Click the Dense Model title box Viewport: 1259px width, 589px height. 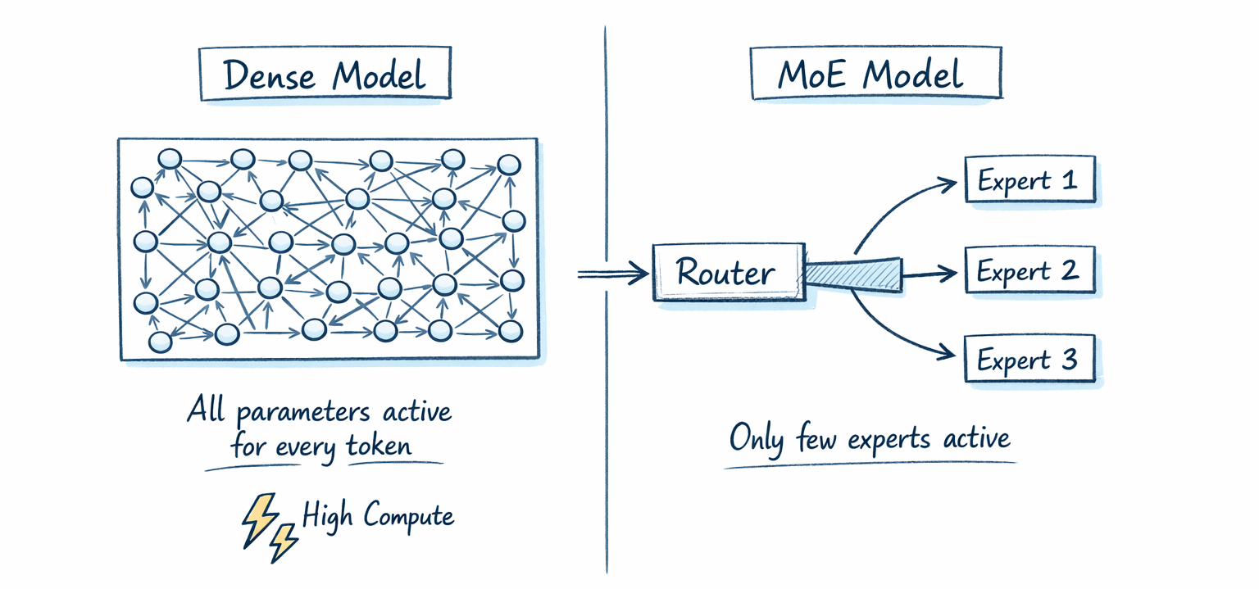[x=325, y=75]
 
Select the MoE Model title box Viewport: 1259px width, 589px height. [x=875, y=75]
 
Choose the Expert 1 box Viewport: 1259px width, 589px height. [x=1029, y=179]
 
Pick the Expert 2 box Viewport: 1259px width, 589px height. [x=1029, y=270]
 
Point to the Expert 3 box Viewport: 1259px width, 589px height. [x=1029, y=359]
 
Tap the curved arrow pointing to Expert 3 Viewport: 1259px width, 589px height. [x=893, y=332]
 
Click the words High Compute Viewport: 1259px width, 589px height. [x=378, y=516]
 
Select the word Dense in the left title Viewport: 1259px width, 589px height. [x=271, y=76]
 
